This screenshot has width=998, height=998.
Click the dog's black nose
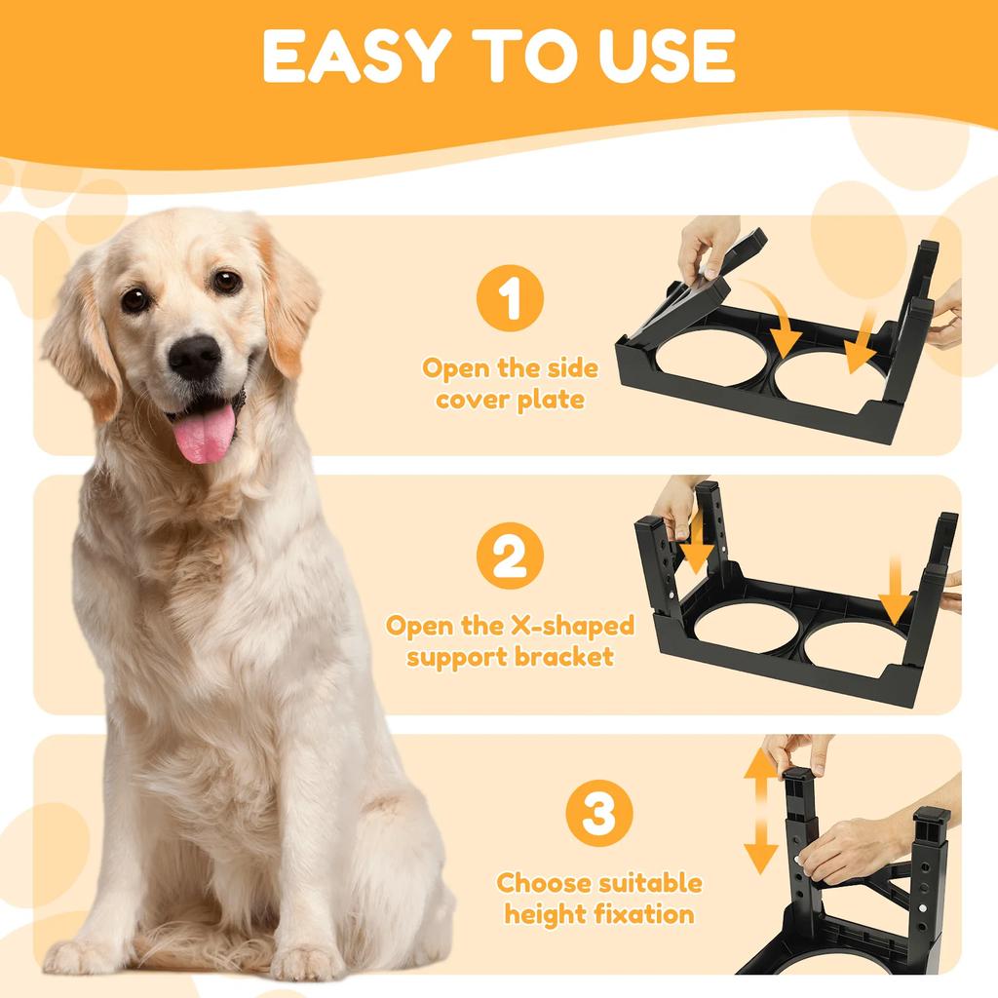click(x=194, y=357)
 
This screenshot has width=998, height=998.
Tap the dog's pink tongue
click(x=205, y=435)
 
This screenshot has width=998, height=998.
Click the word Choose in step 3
click(x=542, y=884)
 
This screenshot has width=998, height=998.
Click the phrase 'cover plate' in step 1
click(x=510, y=400)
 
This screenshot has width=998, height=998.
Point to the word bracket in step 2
click(x=564, y=656)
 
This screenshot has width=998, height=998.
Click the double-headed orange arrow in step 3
click(x=761, y=813)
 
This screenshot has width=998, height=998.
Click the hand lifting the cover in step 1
click(x=707, y=244)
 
